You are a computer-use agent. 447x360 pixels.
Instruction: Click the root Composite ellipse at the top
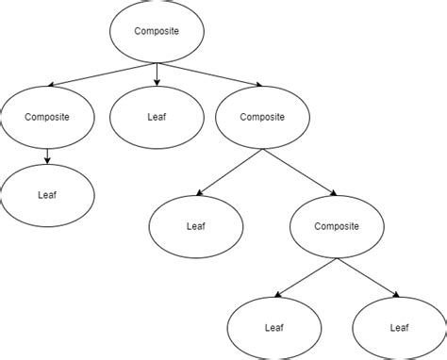pos(157,32)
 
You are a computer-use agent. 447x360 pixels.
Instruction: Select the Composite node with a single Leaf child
pos(47,117)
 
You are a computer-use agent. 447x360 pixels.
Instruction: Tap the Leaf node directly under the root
pos(157,117)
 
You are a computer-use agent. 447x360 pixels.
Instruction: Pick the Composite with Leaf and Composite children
pos(262,117)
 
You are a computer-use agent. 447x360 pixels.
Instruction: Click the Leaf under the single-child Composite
pos(47,195)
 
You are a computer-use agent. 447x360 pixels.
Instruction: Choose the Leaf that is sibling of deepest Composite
pos(196,226)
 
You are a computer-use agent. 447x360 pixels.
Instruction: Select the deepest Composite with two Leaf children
pos(337,226)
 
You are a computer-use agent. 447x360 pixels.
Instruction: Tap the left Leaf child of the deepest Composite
pos(273,329)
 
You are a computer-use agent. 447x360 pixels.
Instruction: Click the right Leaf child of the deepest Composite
pos(398,329)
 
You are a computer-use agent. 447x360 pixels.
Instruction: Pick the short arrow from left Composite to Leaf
pos(47,155)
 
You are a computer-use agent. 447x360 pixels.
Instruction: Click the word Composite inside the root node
pos(157,32)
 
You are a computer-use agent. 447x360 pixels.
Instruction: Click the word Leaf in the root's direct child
pos(157,117)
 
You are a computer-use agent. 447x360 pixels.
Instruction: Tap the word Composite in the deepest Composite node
pos(337,226)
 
